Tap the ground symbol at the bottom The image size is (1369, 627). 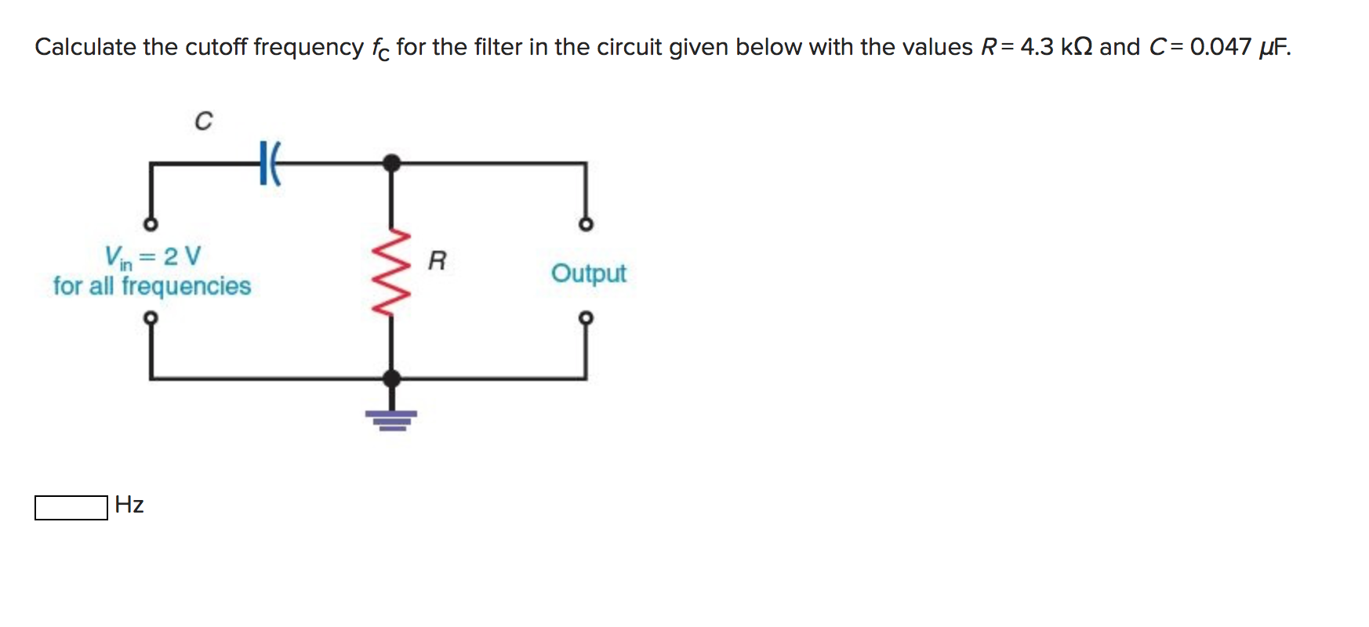[391, 419]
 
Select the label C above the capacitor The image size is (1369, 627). [203, 121]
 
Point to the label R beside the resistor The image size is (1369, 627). [437, 260]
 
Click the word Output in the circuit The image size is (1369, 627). [588, 273]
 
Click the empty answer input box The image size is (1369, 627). [71, 507]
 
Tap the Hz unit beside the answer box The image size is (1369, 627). [129, 504]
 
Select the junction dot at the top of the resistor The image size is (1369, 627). [391, 163]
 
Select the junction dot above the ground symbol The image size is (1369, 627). [391, 379]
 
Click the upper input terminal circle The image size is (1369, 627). [151, 225]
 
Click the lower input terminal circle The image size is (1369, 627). [151, 317]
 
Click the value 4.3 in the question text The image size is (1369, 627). [1037, 47]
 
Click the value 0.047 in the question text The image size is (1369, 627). [1220, 47]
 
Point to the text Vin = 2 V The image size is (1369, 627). [153, 256]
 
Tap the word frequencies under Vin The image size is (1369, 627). [186, 286]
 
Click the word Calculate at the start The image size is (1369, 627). [85, 47]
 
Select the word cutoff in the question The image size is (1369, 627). [216, 47]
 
